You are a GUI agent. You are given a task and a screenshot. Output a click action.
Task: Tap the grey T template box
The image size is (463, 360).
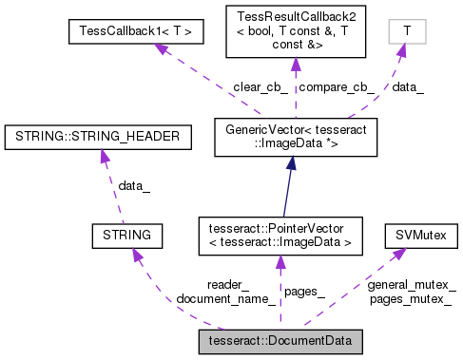(x=407, y=31)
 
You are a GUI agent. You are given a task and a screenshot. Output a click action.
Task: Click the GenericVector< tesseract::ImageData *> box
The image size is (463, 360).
(x=281, y=135)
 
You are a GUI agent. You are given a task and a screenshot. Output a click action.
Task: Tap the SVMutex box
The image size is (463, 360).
(x=415, y=233)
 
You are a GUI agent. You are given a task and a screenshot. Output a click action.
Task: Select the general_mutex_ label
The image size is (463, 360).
(x=411, y=286)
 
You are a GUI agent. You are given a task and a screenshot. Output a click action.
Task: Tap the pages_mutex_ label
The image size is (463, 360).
(x=411, y=299)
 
